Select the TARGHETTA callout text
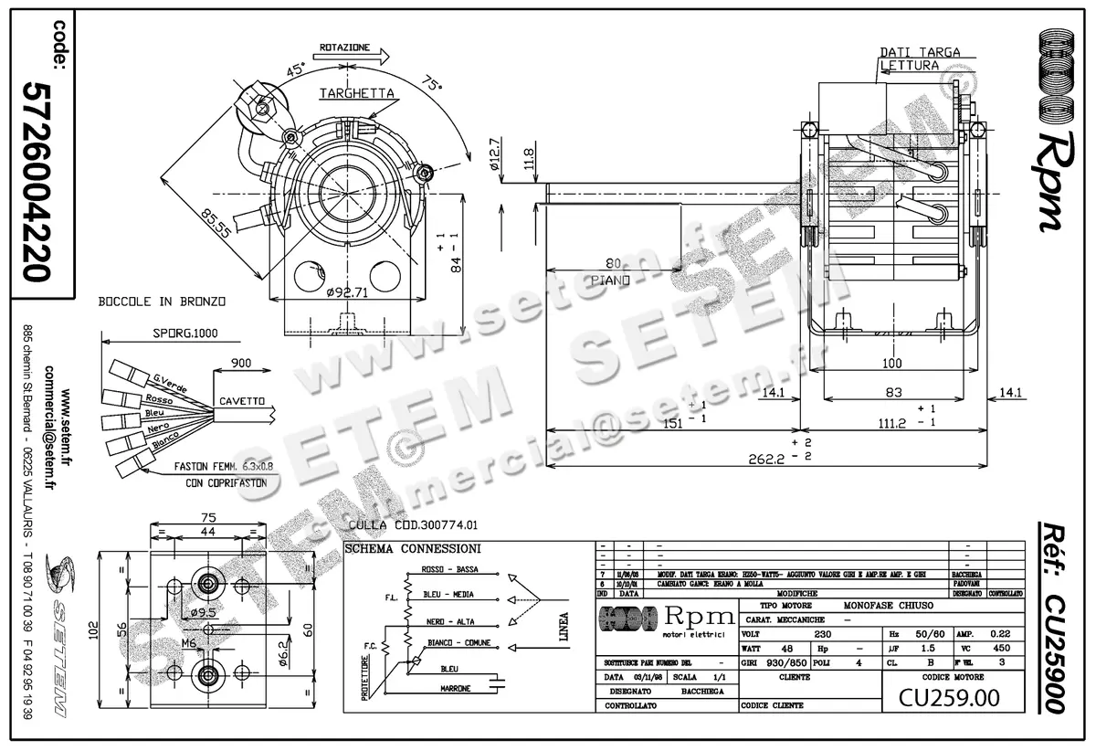point(357,93)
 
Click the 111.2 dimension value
point(892,424)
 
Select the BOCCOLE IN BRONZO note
point(162,301)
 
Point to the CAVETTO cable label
point(242,401)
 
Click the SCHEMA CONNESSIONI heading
point(413,548)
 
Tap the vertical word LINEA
point(564,628)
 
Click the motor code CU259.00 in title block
point(949,698)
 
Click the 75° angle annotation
point(431,83)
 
